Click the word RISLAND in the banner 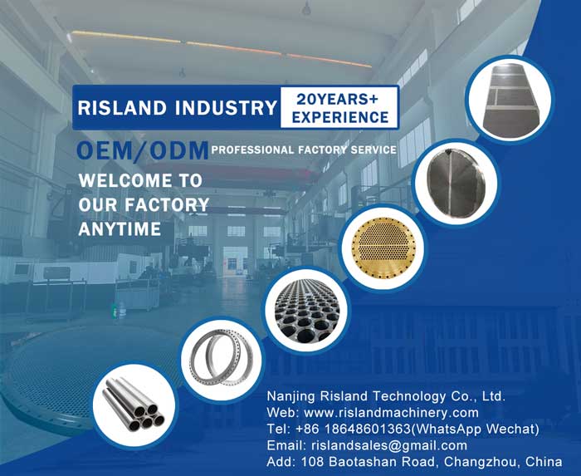(122, 108)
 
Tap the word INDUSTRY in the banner (227, 108)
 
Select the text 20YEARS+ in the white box (337, 100)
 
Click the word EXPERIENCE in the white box (340, 117)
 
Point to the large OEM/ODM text (143, 150)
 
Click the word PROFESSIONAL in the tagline (252, 150)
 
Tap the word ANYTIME (120, 228)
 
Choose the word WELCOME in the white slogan (124, 181)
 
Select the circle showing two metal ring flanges (221, 359)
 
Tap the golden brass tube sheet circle (383, 248)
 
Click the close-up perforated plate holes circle (307, 311)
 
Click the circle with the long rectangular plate (510, 100)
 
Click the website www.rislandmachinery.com (391, 413)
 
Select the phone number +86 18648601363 (354, 429)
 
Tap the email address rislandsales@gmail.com (389, 445)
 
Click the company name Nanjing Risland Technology (356, 396)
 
